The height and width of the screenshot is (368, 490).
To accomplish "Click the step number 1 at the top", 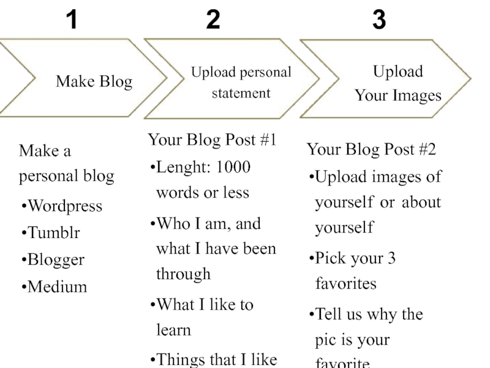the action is coord(72,21).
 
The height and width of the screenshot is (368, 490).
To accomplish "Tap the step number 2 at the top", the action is coord(213,21).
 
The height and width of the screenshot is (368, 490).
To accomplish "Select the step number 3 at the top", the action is coord(379,21).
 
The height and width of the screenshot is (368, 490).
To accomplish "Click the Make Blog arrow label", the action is coord(94,81).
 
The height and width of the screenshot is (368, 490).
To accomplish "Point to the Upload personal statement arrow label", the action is coord(241,83).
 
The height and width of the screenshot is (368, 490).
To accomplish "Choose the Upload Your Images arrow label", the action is coord(398,83).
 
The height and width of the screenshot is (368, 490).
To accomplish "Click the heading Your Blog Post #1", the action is coord(212,140).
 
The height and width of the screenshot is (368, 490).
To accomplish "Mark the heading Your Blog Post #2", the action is coord(371,149).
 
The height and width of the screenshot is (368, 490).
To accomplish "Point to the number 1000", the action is coord(233,167).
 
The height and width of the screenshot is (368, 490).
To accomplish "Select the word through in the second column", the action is coord(183,274).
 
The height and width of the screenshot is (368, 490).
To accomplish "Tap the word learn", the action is coord(173,330).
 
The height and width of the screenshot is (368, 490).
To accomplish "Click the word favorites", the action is coord(345,284).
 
